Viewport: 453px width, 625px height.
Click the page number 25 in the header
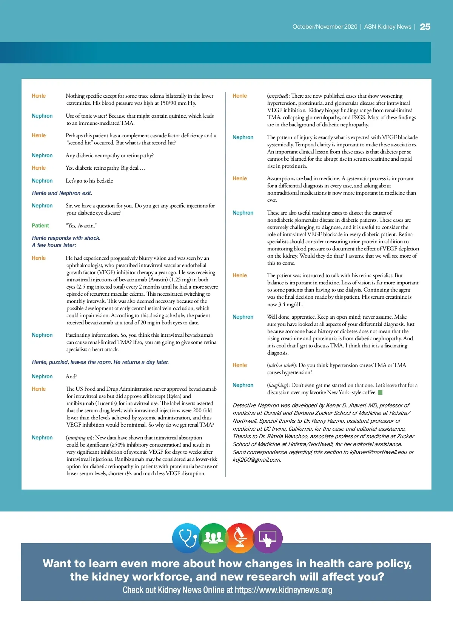425,27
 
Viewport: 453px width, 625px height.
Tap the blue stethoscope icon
186,538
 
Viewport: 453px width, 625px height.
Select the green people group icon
213,538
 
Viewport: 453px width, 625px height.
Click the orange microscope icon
240,538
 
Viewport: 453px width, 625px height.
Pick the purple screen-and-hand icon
268,538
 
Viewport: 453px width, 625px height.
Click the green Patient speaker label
40,226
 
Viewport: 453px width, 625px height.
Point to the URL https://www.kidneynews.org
283,590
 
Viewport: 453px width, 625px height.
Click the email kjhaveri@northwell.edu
378,452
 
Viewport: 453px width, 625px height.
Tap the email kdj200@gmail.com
256,460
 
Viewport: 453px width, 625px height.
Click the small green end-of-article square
380,392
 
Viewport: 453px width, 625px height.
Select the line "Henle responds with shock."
66,238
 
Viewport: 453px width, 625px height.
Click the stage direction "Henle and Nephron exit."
62,193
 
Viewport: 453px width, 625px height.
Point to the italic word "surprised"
277,96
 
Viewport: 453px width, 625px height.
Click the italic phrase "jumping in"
79,438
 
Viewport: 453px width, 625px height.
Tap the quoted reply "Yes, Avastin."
81,226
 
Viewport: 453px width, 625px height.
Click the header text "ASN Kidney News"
388,27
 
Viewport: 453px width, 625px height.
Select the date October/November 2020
325,27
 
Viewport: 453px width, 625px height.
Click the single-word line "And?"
71,376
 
